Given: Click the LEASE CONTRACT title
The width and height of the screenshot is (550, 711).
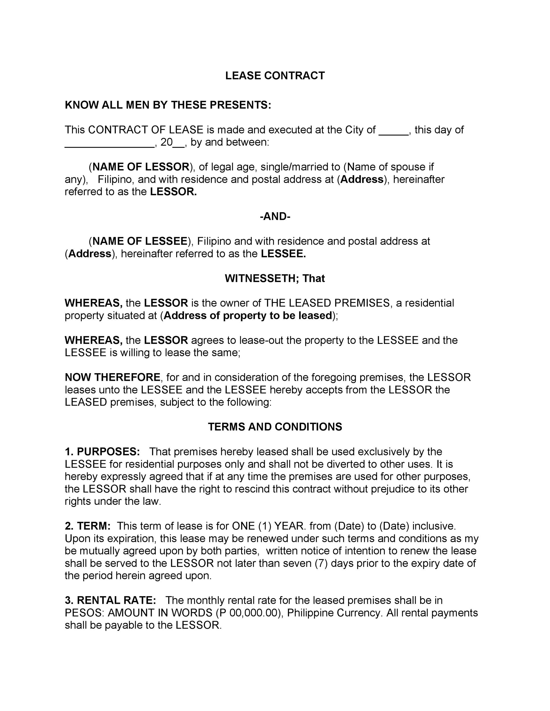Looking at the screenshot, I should (x=275, y=76).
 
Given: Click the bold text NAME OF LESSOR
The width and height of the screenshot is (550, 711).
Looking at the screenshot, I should (x=141, y=167).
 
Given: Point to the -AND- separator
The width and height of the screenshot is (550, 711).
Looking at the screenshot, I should (x=275, y=216).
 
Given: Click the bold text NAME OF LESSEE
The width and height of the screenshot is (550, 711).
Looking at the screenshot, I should (x=140, y=241).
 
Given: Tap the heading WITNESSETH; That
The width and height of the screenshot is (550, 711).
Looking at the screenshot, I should (x=275, y=278).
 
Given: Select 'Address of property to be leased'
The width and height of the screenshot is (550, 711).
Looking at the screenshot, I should (x=248, y=315).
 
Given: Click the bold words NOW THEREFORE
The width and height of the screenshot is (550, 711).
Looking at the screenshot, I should (x=112, y=377).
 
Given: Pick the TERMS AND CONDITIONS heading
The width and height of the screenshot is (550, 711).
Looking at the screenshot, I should (x=275, y=427).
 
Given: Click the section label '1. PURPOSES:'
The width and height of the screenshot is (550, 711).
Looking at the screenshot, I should (x=102, y=452).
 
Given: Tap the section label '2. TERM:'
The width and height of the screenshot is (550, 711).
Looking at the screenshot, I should (x=88, y=526).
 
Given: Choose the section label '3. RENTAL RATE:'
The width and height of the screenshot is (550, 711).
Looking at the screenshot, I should (x=110, y=600).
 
